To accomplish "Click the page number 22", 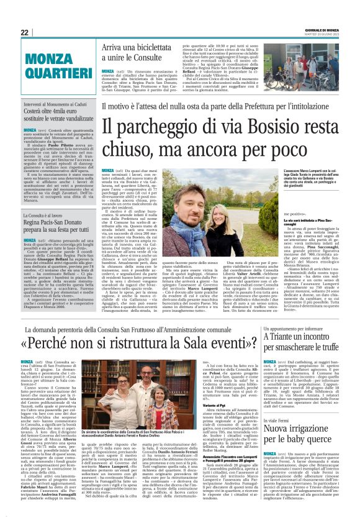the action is tap(24, 32).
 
